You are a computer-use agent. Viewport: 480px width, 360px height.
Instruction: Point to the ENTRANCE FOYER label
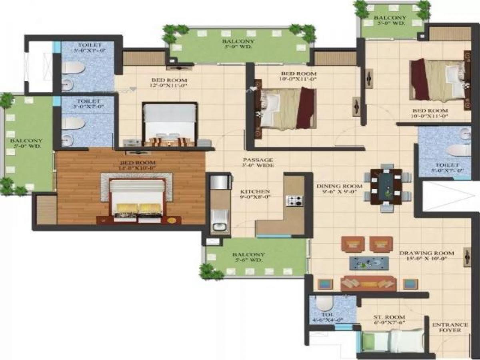[450, 327]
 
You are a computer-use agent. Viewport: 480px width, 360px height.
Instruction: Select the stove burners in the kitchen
[295, 200]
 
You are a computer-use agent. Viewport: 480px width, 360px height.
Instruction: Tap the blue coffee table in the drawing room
[369, 263]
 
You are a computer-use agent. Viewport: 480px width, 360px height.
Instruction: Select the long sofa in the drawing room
[368, 283]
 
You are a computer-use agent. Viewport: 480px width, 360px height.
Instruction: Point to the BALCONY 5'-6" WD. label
[248, 257]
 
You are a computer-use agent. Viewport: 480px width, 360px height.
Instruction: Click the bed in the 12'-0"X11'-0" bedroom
[170, 124]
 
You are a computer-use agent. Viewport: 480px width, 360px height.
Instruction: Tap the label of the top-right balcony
[390, 20]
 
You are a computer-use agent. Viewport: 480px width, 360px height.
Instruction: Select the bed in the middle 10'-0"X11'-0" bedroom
[287, 108]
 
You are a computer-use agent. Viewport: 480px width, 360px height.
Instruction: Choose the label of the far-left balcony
[26, 143]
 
